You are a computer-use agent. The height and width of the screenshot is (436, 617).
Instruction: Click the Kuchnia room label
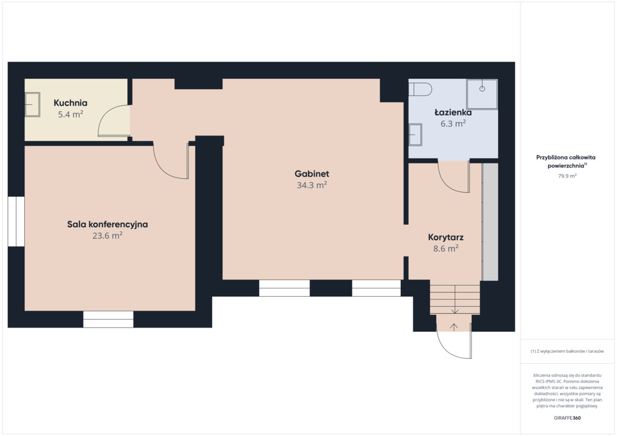70,103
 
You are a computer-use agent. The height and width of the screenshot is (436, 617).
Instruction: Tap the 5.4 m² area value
70,114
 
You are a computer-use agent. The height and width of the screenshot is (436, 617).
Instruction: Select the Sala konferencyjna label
107,225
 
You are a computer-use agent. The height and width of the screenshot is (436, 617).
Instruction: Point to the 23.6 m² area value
107,235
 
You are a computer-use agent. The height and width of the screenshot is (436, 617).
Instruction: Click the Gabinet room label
312,174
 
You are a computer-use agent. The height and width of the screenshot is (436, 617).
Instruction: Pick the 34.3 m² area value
312,185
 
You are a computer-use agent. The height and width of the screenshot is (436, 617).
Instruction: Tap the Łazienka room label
453,113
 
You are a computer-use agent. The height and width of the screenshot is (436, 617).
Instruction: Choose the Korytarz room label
446,237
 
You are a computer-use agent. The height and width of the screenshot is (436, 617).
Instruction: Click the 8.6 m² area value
446,249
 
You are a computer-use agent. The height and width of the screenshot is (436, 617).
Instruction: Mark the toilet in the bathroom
420,89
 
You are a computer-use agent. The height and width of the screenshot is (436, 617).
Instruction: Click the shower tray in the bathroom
482,94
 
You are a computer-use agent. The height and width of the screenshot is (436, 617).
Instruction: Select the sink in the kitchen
33,105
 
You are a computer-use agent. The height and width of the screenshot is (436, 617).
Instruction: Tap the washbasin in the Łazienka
415,135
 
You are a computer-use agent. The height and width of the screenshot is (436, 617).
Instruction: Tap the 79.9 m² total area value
567,176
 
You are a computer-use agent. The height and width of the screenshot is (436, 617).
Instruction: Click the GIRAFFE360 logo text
567,418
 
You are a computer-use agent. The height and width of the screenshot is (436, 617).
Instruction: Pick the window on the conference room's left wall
16,222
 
